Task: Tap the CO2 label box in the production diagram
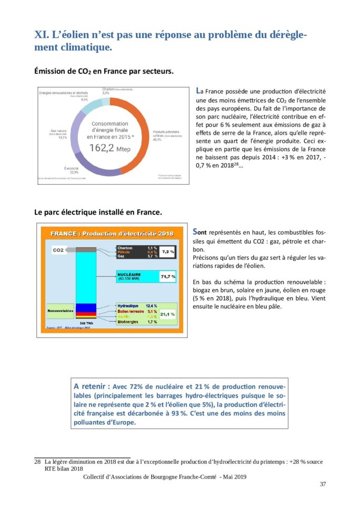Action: tap(58, 251)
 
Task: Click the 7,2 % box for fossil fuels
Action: tap(168, 252)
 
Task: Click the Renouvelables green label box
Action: tap(60, 311)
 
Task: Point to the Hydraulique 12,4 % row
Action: tap(137, 306)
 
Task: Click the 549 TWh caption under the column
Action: tap(86, 322)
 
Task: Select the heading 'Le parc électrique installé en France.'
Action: tap(98, 212)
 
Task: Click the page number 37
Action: tap(323, 484)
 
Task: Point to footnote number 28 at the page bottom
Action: tap(37, 462)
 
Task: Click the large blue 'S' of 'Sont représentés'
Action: tap(196, 231)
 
